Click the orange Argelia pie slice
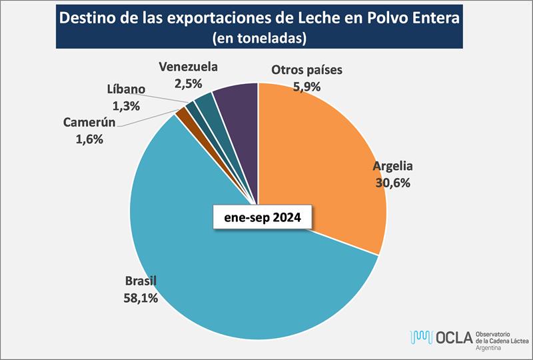tap(320, 153)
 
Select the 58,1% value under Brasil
tap(141, 297)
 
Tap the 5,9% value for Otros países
tap(306, 85)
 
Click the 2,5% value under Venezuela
tap(188, 83)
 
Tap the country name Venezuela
tap(188, 67)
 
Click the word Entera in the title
tap(433, 18)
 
